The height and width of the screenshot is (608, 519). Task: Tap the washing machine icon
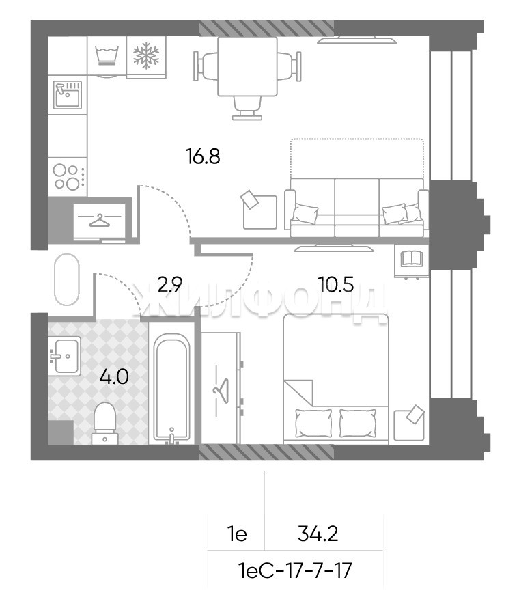pos(107,56)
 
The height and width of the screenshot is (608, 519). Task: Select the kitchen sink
pos(68,94)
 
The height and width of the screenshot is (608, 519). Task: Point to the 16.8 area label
pos(203,157)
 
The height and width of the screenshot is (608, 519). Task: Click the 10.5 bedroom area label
pos(335,285)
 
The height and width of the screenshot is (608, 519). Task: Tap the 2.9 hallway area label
pos(170,285)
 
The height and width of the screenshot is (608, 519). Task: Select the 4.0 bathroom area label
pos(114,376)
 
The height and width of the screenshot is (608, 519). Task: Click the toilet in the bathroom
pos(104,424)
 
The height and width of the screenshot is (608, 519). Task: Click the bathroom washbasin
pos(65,356)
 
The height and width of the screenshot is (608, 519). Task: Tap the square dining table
pos(248,66)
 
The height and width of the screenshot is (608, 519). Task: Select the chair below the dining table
pos(247,107)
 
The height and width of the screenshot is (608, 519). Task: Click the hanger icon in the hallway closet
pos(100,220)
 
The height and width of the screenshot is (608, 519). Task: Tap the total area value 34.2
pos(318,534)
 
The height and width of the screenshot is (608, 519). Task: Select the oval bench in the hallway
pos(67,279)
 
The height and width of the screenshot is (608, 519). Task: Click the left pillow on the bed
pos(313,423)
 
